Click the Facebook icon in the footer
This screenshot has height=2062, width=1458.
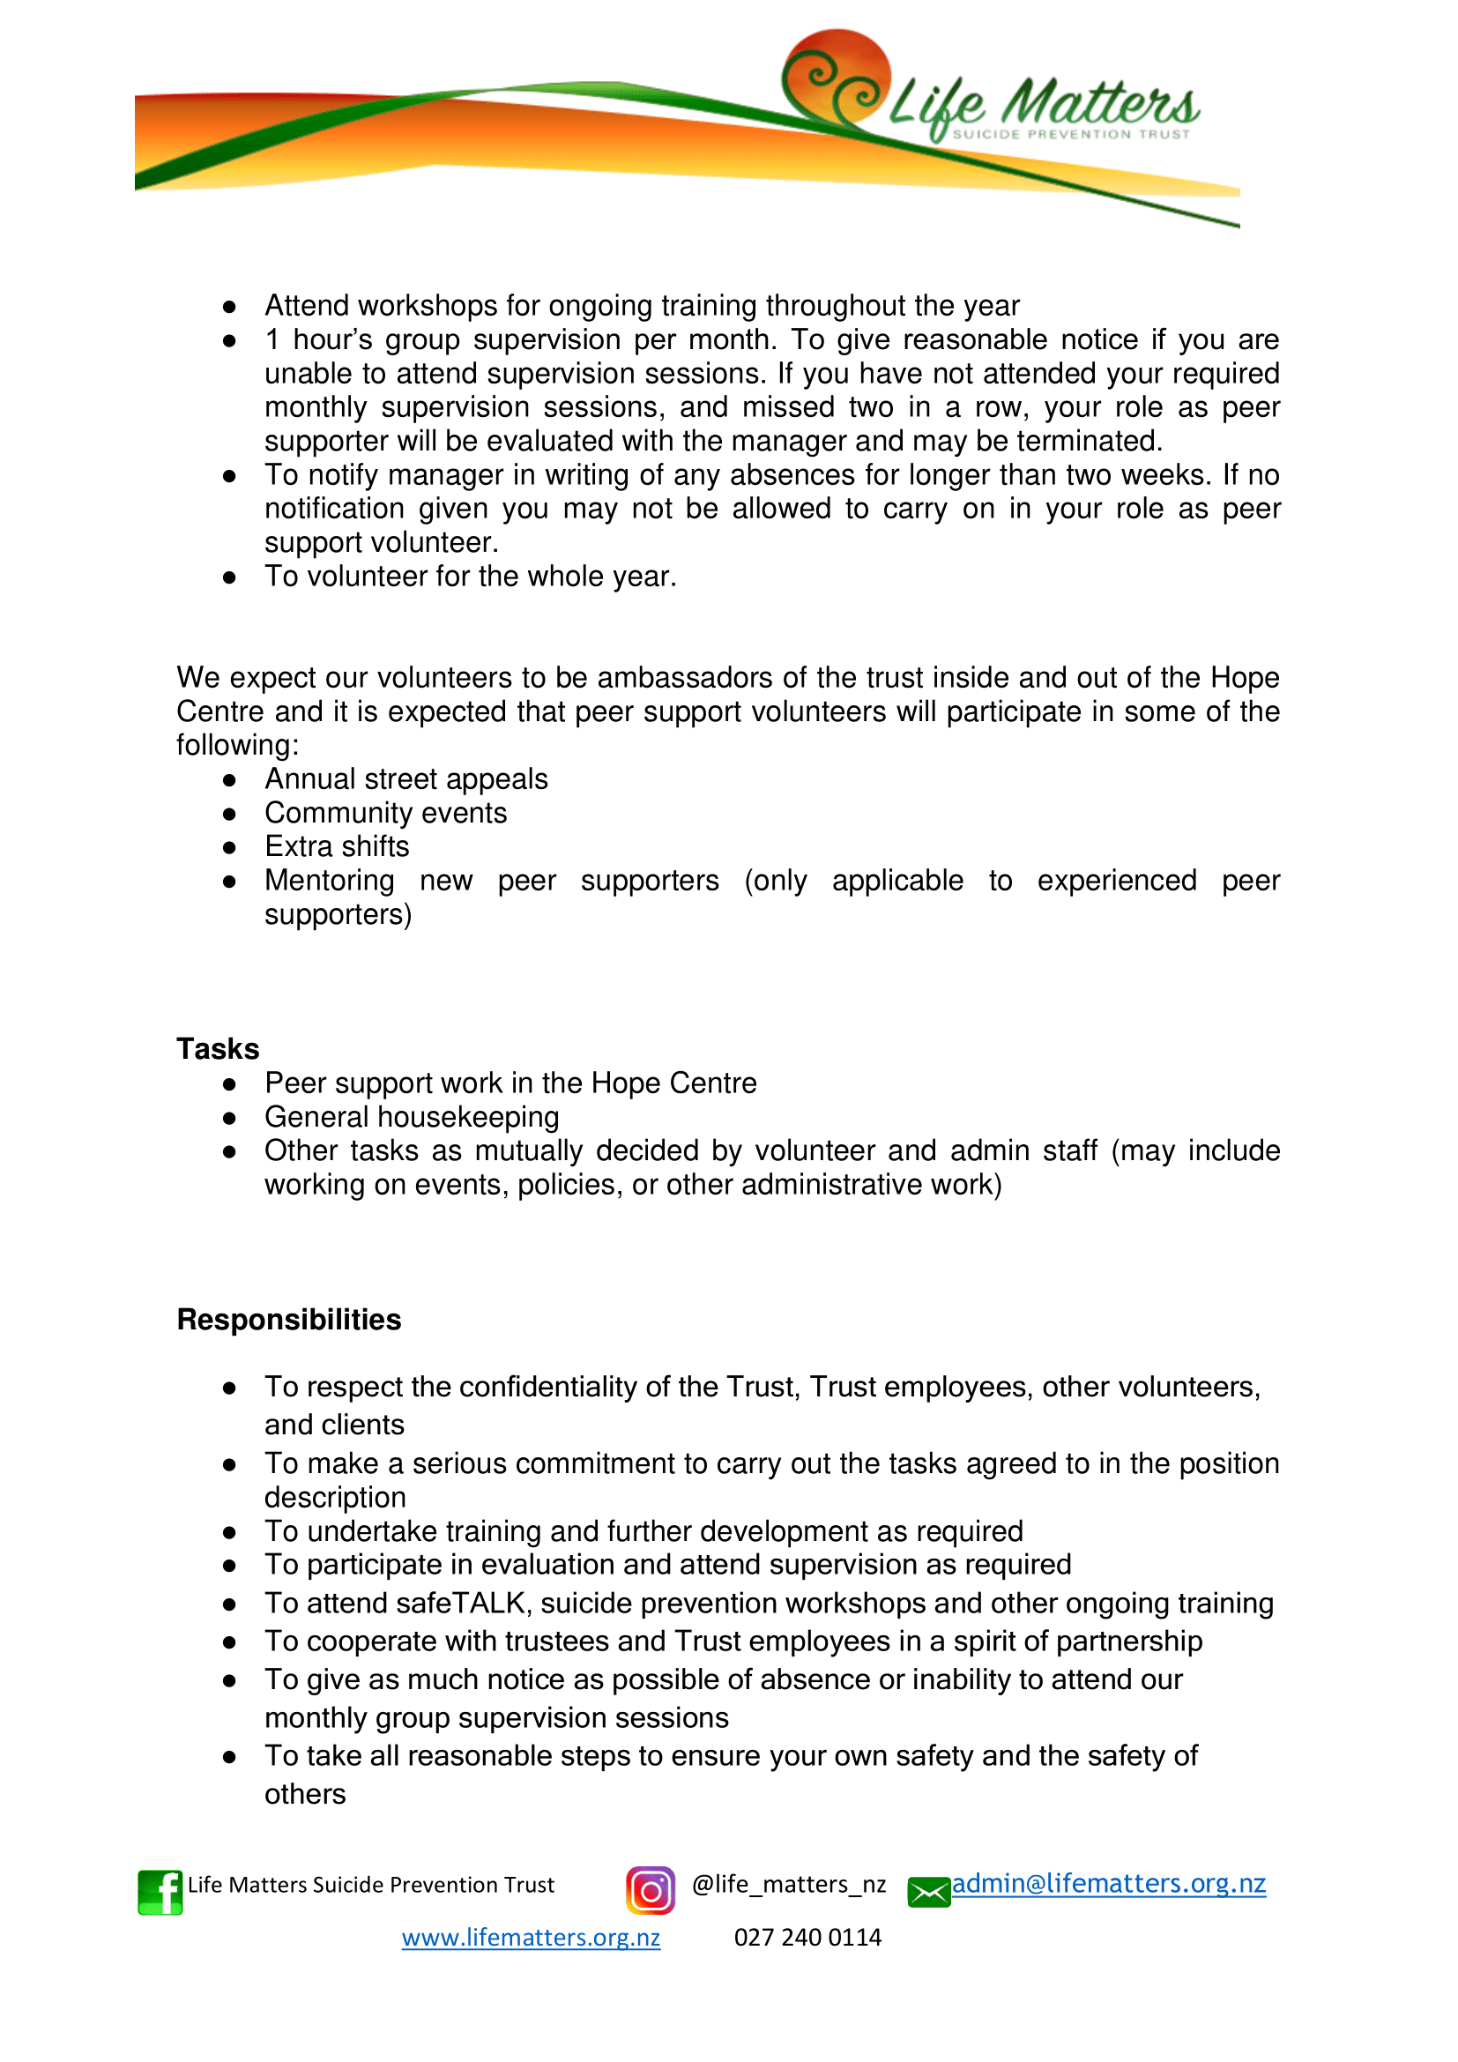tap(160, 1892)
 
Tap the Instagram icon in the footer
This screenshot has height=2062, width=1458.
tap(650, 1890)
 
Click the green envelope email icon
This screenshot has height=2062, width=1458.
tap(928, 1892)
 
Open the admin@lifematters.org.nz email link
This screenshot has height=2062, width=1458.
tap(1109, 1883)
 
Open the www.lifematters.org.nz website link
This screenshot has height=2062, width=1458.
tap(531, 1937)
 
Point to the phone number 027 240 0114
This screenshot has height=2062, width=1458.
tap(807, 1937)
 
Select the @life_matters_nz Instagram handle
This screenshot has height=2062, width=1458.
tap(788, 1884)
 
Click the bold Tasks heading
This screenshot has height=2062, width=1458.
tap(217, 1049)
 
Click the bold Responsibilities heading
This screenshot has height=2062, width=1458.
tap(289, 1320)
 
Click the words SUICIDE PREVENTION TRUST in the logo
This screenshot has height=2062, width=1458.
tap(1070, 135)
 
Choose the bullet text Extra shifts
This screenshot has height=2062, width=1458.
tap(337, 846)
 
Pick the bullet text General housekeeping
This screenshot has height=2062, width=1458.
tap(411, 1116)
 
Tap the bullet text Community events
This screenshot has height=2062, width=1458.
tap(385, 813)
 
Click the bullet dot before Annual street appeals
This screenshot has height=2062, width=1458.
tap(229, 780)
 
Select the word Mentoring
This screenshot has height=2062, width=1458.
tap(329, 880)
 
